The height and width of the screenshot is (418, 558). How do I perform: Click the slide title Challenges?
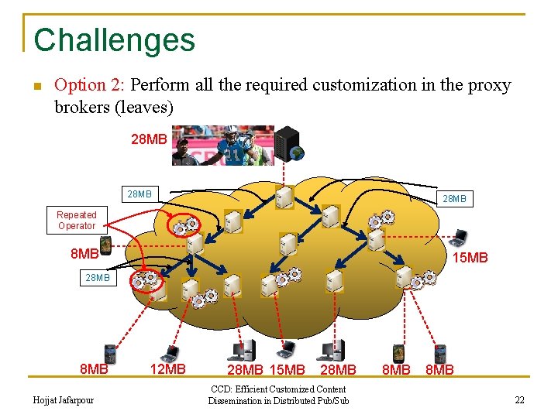click(115, 40)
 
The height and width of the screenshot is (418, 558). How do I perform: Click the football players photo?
click(222, 146)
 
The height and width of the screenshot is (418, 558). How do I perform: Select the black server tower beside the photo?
click(288, 143)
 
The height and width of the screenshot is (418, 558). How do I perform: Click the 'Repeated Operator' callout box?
click(77, 220)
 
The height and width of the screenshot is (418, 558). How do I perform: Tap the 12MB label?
click(167, 369)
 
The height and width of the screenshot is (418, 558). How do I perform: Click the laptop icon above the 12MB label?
click(168, 353)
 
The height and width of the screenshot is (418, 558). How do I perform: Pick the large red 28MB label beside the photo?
click(149, 139)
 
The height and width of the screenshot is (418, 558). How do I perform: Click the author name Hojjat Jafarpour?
click(64, 399)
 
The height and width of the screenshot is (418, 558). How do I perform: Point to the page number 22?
click(519, 399)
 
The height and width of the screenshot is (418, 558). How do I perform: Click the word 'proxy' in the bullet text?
click(491, 85)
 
